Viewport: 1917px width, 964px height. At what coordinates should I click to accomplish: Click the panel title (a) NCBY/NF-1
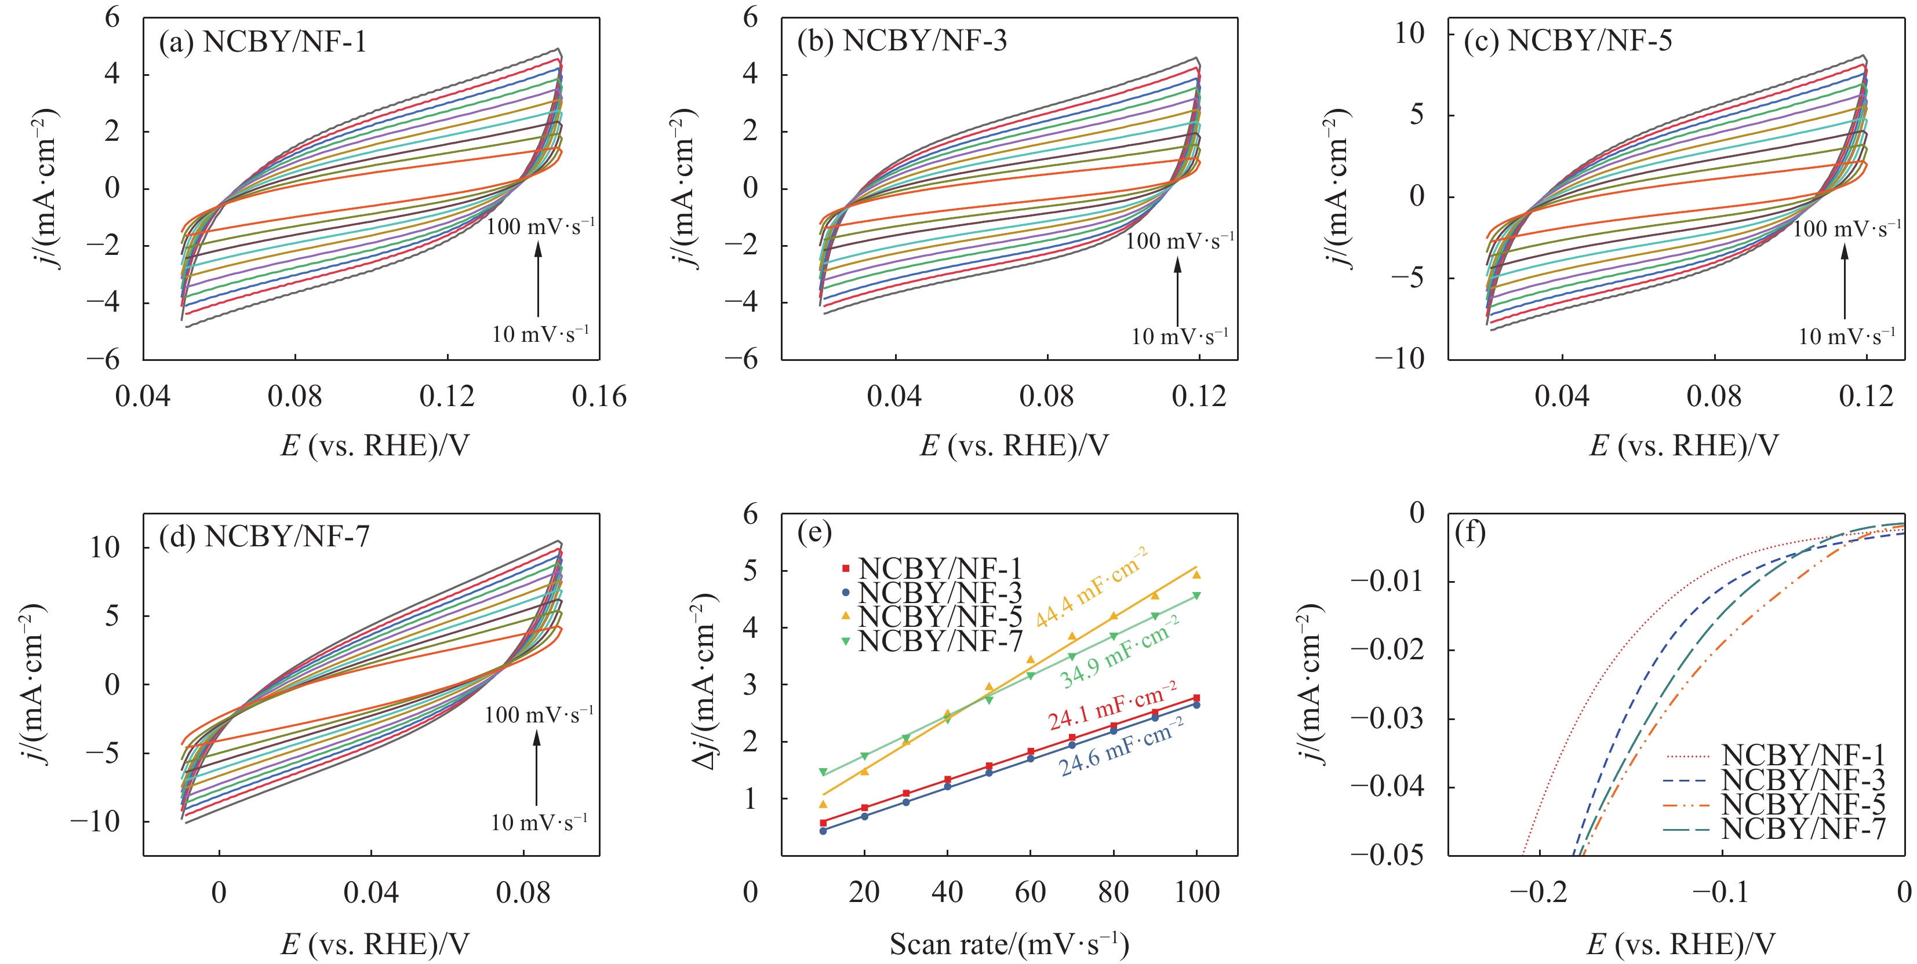tap(263, 42)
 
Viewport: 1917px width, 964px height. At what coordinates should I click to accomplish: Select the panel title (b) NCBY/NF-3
tap(902, 40)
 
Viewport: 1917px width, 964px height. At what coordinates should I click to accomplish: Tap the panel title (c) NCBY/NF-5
tap(1568, 40)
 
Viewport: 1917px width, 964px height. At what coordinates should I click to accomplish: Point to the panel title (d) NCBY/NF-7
tap(264, 536)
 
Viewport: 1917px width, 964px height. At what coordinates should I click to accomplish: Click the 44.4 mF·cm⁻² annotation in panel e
tap(1092, 587)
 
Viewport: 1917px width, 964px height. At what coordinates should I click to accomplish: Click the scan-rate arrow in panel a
tap(538, 279)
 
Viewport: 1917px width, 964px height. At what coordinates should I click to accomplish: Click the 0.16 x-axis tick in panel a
tap(599, 396)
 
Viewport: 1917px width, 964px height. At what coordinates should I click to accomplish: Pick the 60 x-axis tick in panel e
tap(1031, 892)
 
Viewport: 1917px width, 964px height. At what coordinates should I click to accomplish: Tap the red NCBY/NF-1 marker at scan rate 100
tap(1196, 698)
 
